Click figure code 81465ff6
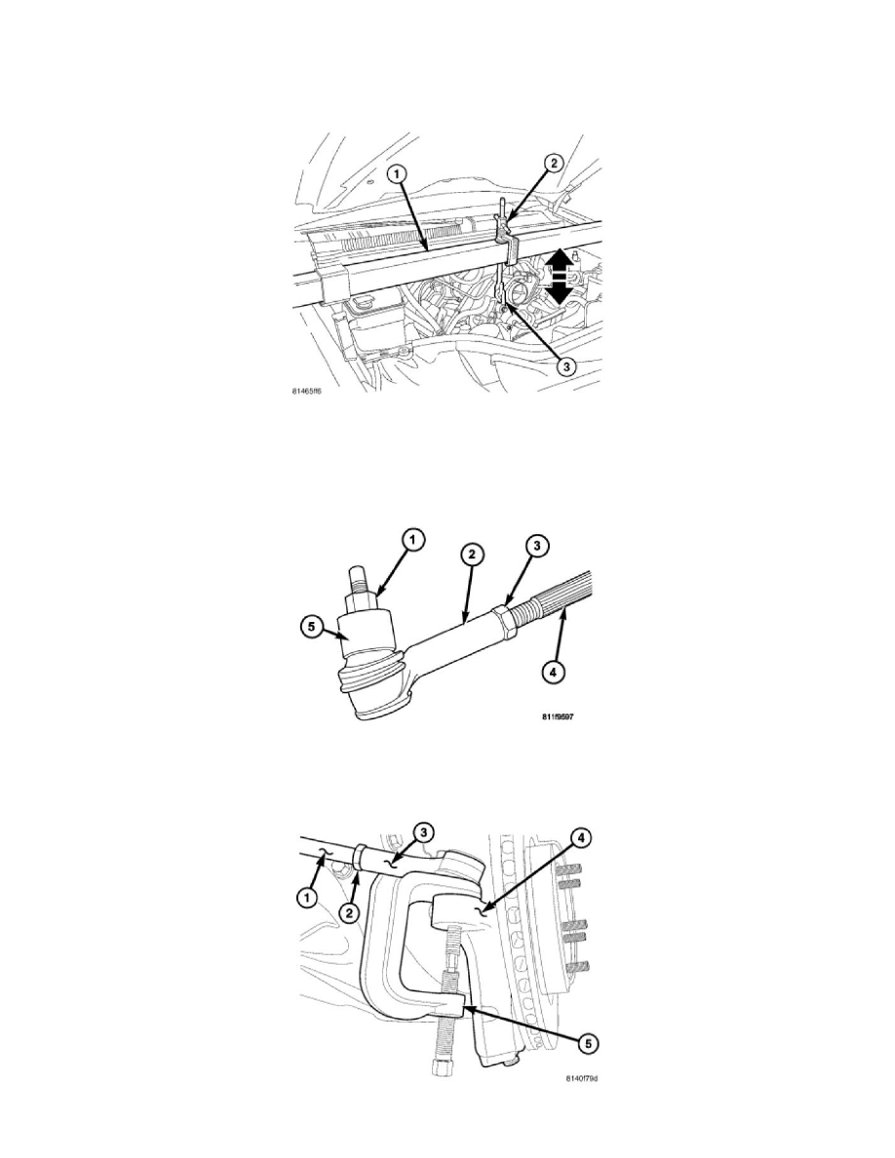[301, 397]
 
